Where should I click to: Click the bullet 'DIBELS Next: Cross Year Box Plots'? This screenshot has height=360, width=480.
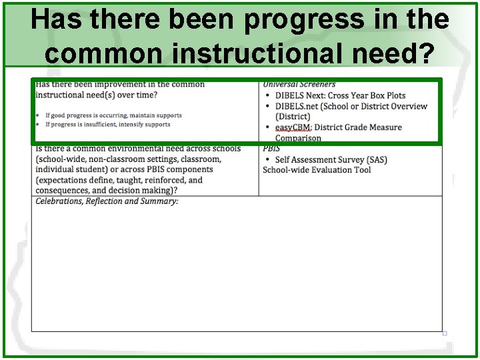click(x=340, y=95)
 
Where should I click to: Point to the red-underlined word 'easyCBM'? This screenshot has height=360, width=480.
click(x=293, y=127)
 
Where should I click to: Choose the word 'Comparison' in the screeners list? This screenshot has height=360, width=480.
click(x=298, y=138)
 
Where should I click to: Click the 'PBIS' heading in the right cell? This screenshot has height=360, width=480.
click(x=271, y=148)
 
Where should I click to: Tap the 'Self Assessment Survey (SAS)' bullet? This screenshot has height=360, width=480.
click(x=331, y=159)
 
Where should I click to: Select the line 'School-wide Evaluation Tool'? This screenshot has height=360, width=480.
click(x=317, y=170)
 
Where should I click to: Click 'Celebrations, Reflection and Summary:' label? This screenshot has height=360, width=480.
click(x=107, y=201)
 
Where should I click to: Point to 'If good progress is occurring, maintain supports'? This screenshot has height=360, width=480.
click(x=113, y=115)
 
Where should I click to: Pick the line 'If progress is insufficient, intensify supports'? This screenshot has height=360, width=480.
click(x=107, y=125)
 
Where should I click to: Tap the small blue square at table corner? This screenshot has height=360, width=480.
click(x=444, y=333)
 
